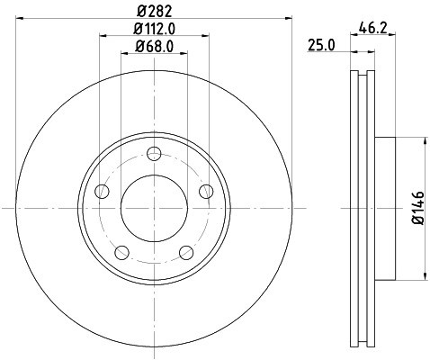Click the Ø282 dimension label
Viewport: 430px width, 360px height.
pos(154,9)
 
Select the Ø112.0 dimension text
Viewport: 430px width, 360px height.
pos(154,28)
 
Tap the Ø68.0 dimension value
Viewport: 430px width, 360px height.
pos(154,47)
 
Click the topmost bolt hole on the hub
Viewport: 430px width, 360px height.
pos(154,152)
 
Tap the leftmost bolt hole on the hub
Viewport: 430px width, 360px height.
pos(103,191)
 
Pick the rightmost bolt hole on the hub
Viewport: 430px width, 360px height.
pos(206,190)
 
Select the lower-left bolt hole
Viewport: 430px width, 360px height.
pos(121,251)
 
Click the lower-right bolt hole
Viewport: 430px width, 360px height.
pos(186,251)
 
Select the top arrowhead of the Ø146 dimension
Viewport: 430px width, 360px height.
pos(423,141)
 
